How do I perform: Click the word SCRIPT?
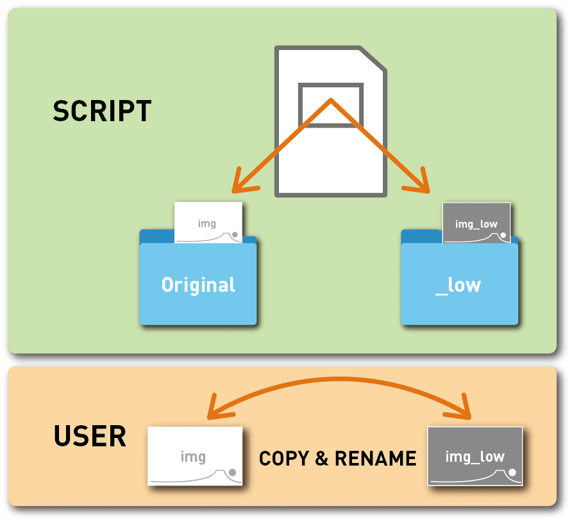tap(102, 112)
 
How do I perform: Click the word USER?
tap(90, 437)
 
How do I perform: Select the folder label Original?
tap(198, 285)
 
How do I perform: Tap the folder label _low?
tap(458, 285)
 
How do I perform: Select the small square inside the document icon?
tap(330, 105)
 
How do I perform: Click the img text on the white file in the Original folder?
tap(207, 224)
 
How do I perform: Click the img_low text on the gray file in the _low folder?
tap(476, 224)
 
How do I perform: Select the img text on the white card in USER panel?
tap(193, 457)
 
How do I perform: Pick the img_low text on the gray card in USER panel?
tap(475, 457)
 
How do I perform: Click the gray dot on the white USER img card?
tap(233, 473)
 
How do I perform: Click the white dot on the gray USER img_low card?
tap(513, 473)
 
